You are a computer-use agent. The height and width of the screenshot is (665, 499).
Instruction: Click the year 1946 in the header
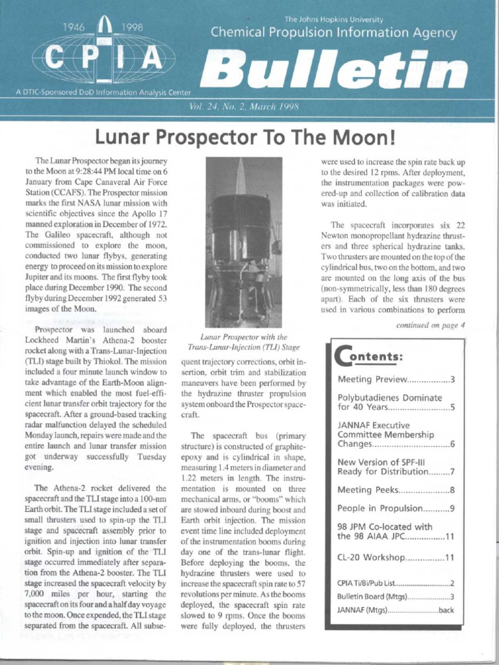tap(77, 27)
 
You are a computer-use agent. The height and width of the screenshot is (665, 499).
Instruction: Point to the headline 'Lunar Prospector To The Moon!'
tap(245, 138)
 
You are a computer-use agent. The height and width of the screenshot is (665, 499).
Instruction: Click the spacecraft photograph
tap(243, 242)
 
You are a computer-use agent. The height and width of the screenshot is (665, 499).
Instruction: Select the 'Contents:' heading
tap(370, 357)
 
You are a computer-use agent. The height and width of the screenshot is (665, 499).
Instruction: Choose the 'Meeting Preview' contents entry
tap(396, 379)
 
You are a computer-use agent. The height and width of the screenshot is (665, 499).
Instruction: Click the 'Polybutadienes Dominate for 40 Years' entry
tap(396, 403)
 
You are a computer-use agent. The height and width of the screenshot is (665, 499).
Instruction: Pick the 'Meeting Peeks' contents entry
tap(396, 490)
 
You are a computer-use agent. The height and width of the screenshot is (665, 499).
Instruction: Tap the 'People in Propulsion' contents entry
tap(396, 508)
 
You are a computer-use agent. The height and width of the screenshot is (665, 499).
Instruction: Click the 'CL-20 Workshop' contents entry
tap(396, 557)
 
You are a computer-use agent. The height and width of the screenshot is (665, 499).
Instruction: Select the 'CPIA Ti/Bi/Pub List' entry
tap(396, 583)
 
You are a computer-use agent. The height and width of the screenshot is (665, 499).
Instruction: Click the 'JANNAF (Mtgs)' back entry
tap(396, 610)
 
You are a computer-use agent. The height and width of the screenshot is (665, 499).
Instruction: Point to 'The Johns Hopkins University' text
tap(334, 19)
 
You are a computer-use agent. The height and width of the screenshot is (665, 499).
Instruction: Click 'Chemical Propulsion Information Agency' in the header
tap(334, 33)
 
